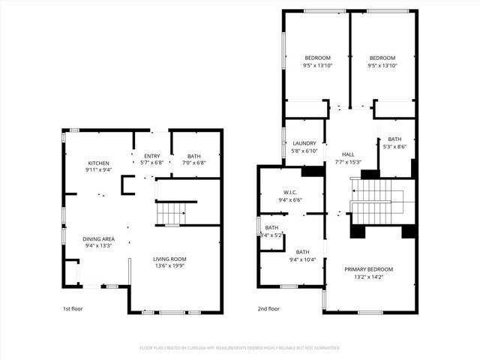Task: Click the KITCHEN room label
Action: coord(99,163)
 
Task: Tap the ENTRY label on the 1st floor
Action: coord(152,155)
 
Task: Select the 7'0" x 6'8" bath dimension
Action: coord(194,162)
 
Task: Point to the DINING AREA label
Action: coord(98,239)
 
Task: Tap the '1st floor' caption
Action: coord(73,308)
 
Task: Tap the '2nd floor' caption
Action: coord(268,308)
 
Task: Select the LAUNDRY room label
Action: coord(304,143)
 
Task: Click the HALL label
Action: coord(349,155)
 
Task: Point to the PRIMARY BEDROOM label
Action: coord(369,269)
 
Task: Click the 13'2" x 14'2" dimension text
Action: coord(369,276)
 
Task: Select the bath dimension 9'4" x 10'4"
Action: coord(302,259)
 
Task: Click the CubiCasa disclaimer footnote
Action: coord(240,348)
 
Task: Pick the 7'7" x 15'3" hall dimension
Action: coord(349,162)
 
